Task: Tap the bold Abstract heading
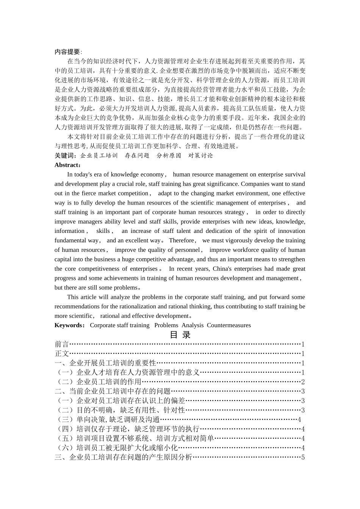click(x=67, y=165)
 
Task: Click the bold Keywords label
click(x=70, y=325)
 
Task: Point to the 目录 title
click(x=180, y=335)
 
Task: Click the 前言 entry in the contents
click(x=62, y=344)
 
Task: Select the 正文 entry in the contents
click(x=62, y=354)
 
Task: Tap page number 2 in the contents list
click(x=303, y=382)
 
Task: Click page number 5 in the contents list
click(x=303, y=457)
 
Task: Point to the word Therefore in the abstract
click(x=182, y=240)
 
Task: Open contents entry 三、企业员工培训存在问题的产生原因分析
click(x=124, y=457)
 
